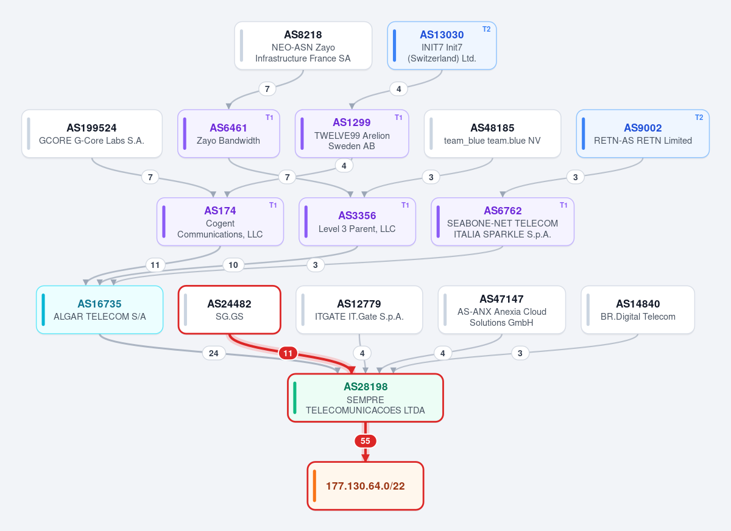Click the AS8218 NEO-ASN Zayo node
303,46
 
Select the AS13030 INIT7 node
442,46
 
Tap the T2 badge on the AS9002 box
699,118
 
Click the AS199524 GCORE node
92,134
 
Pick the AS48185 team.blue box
492,134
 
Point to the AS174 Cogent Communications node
220,222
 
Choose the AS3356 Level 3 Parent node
357,222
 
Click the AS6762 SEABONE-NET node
503,222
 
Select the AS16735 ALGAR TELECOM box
99,310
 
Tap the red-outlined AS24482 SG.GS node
230,310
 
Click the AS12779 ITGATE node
359,310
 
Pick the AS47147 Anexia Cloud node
501,310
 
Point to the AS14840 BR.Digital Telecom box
638,310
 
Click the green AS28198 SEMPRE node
365,398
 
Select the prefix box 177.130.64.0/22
365,486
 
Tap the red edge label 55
365,441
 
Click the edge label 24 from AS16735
214,353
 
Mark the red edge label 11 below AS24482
288,353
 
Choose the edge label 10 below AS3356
233,265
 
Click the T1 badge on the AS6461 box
269,118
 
